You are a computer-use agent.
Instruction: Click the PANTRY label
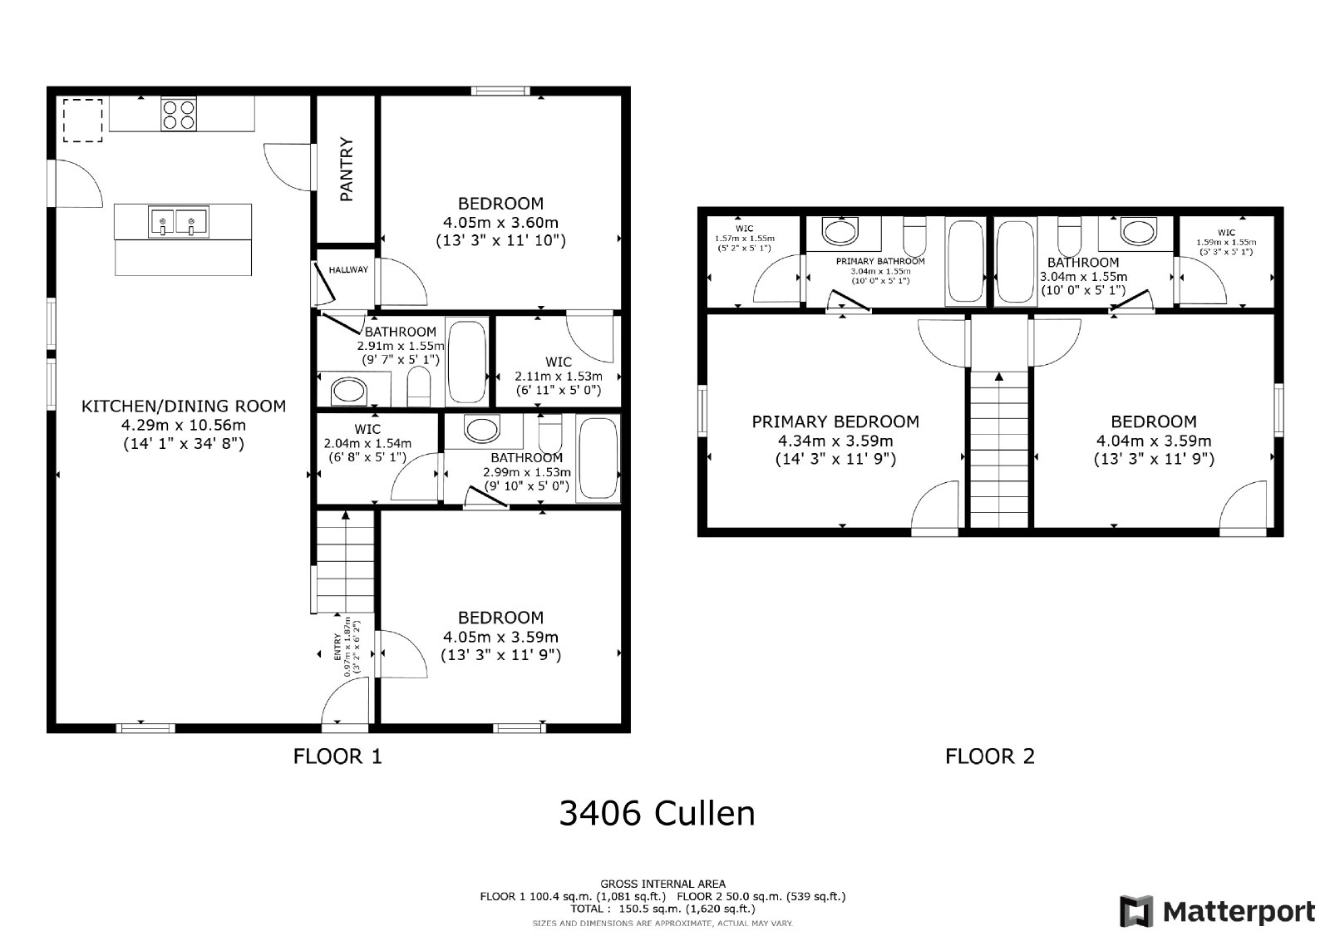347,170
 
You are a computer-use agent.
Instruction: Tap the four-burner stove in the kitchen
179,114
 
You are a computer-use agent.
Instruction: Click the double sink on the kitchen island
179,222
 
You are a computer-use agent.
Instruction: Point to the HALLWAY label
348,270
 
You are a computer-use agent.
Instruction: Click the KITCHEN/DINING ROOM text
183,406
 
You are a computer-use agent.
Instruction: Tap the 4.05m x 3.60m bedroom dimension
500,222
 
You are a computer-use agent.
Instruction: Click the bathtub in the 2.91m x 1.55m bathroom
468,361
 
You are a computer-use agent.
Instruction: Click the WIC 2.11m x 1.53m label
559,376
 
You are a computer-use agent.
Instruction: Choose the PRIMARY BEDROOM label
835,422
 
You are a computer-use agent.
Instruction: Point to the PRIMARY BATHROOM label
880,261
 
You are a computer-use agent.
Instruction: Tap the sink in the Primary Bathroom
840,229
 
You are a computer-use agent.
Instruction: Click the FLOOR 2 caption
989,756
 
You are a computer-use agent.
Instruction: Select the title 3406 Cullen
657,813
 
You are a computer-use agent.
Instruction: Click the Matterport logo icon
1135,912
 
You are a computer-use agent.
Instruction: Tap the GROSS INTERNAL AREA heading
663,884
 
